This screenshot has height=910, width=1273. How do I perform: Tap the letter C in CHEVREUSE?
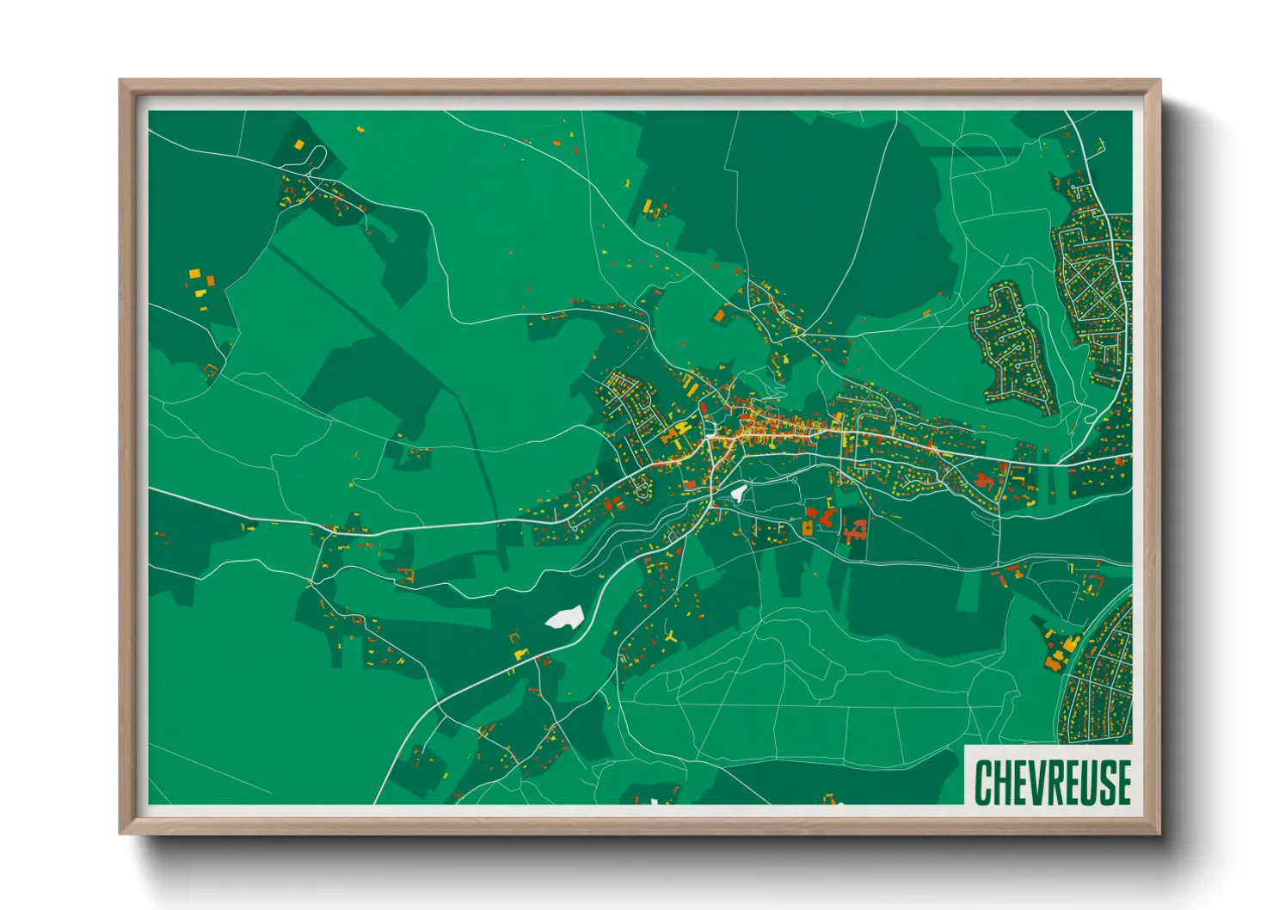tap(983, 782)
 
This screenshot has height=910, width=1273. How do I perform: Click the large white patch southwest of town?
tap(564, 618)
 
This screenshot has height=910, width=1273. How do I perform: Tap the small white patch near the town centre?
tap(738, 493)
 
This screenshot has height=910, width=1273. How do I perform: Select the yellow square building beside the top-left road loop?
tap(299, 144)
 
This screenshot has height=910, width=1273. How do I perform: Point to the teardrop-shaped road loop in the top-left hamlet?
tap(316, 157)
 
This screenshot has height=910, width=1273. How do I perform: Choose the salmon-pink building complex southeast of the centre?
tap(855, 532)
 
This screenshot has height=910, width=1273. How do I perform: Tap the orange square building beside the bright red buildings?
tap(809, 527)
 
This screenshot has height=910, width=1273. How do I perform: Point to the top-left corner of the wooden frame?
tap(122, 83)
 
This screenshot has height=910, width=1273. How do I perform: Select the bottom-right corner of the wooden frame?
tap(1158, 832)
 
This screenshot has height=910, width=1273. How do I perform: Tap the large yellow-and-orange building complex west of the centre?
tap(677, 431)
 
